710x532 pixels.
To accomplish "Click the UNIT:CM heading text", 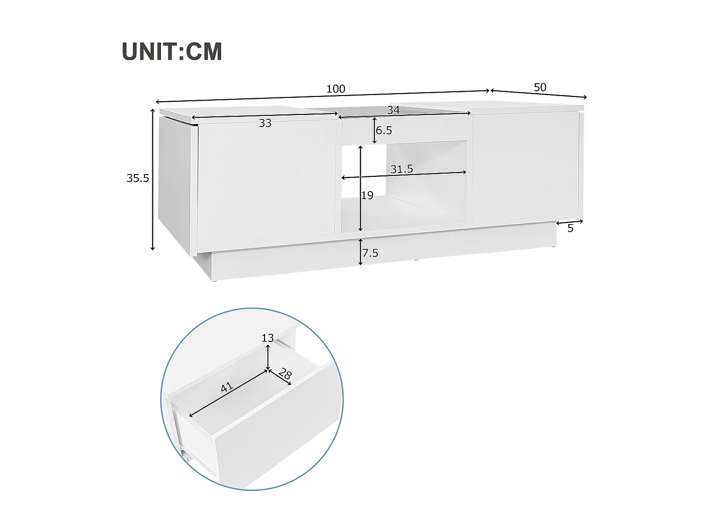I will pos(172,52).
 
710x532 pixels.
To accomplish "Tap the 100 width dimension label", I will pos(336,89).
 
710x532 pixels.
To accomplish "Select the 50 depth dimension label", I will pos(540,87).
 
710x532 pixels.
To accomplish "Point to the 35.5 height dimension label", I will pos(138,178).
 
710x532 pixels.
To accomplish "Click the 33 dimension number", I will pos(265,123).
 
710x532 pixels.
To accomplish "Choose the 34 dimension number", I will pos(393,110).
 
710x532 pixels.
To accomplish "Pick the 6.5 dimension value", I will pos(384,131).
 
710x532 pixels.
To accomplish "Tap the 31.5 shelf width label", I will pos(402,169).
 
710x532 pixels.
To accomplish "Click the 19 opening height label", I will pos(367,195).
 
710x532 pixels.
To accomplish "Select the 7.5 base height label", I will pos(370,253).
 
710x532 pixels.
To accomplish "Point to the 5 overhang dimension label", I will pos(570,228).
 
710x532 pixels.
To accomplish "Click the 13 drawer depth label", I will pos(267,338).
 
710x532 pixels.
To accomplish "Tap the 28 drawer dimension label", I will pos(285,374).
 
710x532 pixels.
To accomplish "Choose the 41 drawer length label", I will pos(227,387).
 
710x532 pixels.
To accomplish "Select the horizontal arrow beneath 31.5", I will pos(404,175).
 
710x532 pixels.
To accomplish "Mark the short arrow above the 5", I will pos(569,222).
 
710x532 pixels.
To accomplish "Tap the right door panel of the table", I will pos(525,166).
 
